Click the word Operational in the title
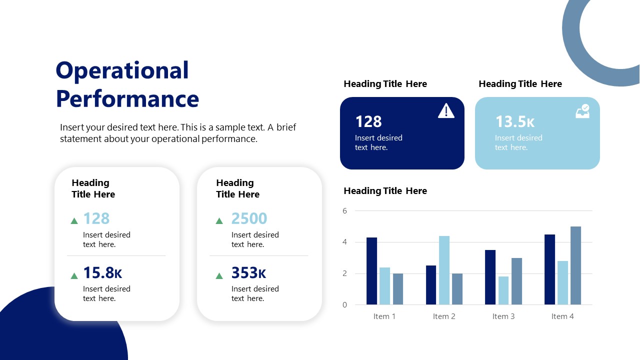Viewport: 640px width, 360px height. click(122, 71)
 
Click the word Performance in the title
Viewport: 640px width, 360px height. click(127, 99)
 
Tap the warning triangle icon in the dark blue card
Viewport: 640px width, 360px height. click(446, 111)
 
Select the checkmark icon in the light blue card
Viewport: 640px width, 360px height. click(582, 111)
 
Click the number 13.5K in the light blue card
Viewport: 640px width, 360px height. click(515, 121)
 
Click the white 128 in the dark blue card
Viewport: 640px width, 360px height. click(368, 121)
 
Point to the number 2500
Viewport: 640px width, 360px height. click(249, 218)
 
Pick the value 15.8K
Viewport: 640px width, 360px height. click(102, 273)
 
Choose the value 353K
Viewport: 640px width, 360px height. click(248, 273)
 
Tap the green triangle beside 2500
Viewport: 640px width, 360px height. click(219, 220)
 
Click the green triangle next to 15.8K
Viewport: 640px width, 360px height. click(74, 275)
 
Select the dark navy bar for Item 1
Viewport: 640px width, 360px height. click(371, 271)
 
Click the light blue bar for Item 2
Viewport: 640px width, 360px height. click(444, 270)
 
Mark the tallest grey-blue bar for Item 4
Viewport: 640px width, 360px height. click(575, 265)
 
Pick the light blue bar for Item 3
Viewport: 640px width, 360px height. click(503, 290)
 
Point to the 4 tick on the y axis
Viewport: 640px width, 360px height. click(344, 242)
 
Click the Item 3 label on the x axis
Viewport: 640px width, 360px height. click(503, 316)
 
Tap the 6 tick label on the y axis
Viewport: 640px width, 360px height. click(344, 211)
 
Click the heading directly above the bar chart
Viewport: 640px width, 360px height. click(385, 191)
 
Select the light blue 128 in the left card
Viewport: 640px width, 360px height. click(96, 218)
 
